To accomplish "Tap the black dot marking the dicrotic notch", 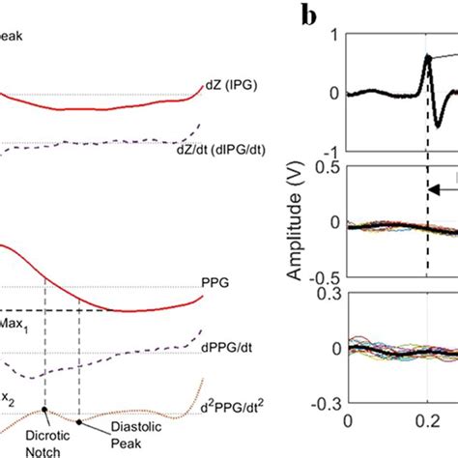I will [x=45, y=412].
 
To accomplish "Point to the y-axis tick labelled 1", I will [x=334, y=35].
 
